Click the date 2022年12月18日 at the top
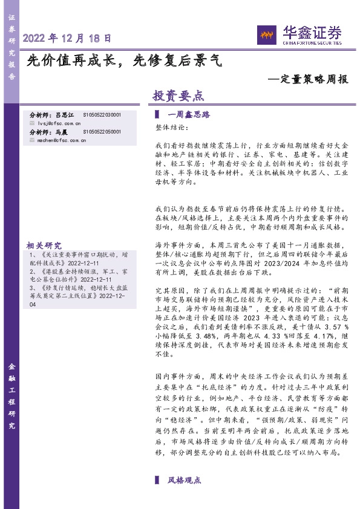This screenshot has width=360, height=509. click(x=67, y=37)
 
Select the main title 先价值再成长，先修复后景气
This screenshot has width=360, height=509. click(x=125, y=60)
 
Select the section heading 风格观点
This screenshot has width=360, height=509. click(x=184, y=480)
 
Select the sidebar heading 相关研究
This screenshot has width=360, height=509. click(x=44, y=245)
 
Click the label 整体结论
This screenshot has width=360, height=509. click(x=168, y=129)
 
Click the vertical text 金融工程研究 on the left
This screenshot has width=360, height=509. click(x=11, y=397)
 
